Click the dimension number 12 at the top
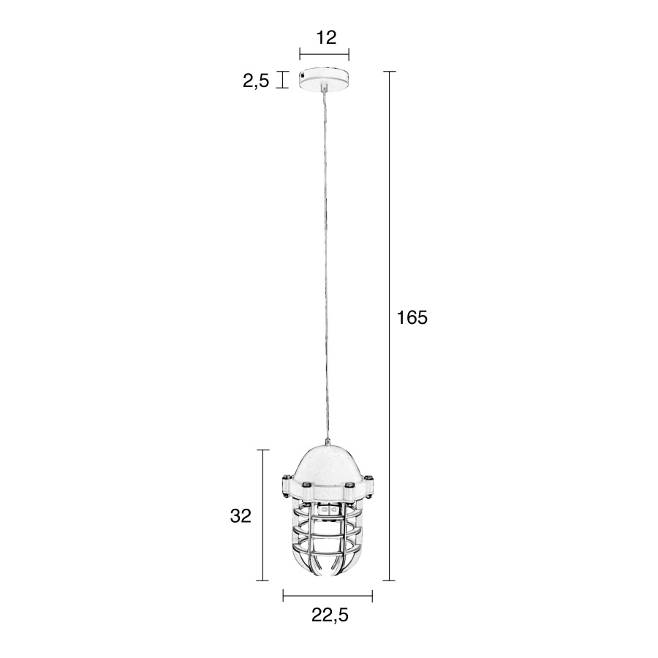pos(326,37)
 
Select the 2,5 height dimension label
pos(256,80)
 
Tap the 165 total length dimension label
pos(412,318)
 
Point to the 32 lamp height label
pos(241,515)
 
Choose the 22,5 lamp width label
pos(330,615)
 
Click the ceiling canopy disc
pos(324,78)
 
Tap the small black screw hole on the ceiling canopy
pos(303,75)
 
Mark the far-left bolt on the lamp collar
pos(285,477)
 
